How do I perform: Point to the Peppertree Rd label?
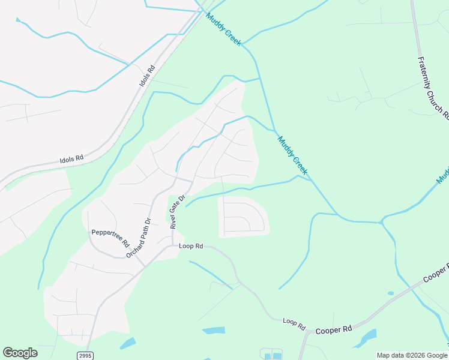110,239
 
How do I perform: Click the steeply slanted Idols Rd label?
148,74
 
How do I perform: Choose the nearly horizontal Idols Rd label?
71,160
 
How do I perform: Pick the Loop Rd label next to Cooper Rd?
294,323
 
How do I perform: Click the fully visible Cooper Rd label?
333,329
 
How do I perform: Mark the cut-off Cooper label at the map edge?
436,272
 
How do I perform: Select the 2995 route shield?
85,356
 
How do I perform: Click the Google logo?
20,353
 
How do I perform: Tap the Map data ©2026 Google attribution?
412,355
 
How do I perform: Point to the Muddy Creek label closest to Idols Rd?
224,29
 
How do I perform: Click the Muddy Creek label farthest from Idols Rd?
292,155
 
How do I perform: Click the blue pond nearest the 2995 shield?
127,343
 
